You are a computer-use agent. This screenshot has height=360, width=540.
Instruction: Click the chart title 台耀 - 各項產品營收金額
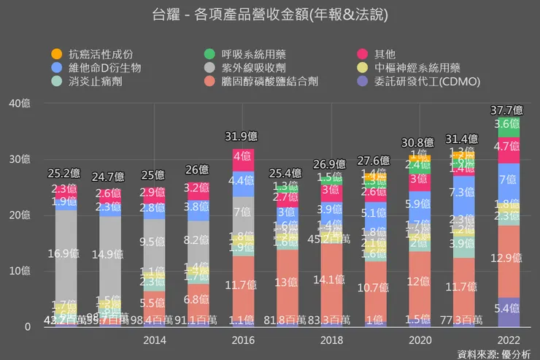pyautogui.click(x=270, y=15)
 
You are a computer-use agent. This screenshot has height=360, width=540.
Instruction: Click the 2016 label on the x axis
pyautogui.click(x=242, y=340)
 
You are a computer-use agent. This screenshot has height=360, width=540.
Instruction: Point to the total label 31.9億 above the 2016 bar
pyautogui.click(x=242, y=136)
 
